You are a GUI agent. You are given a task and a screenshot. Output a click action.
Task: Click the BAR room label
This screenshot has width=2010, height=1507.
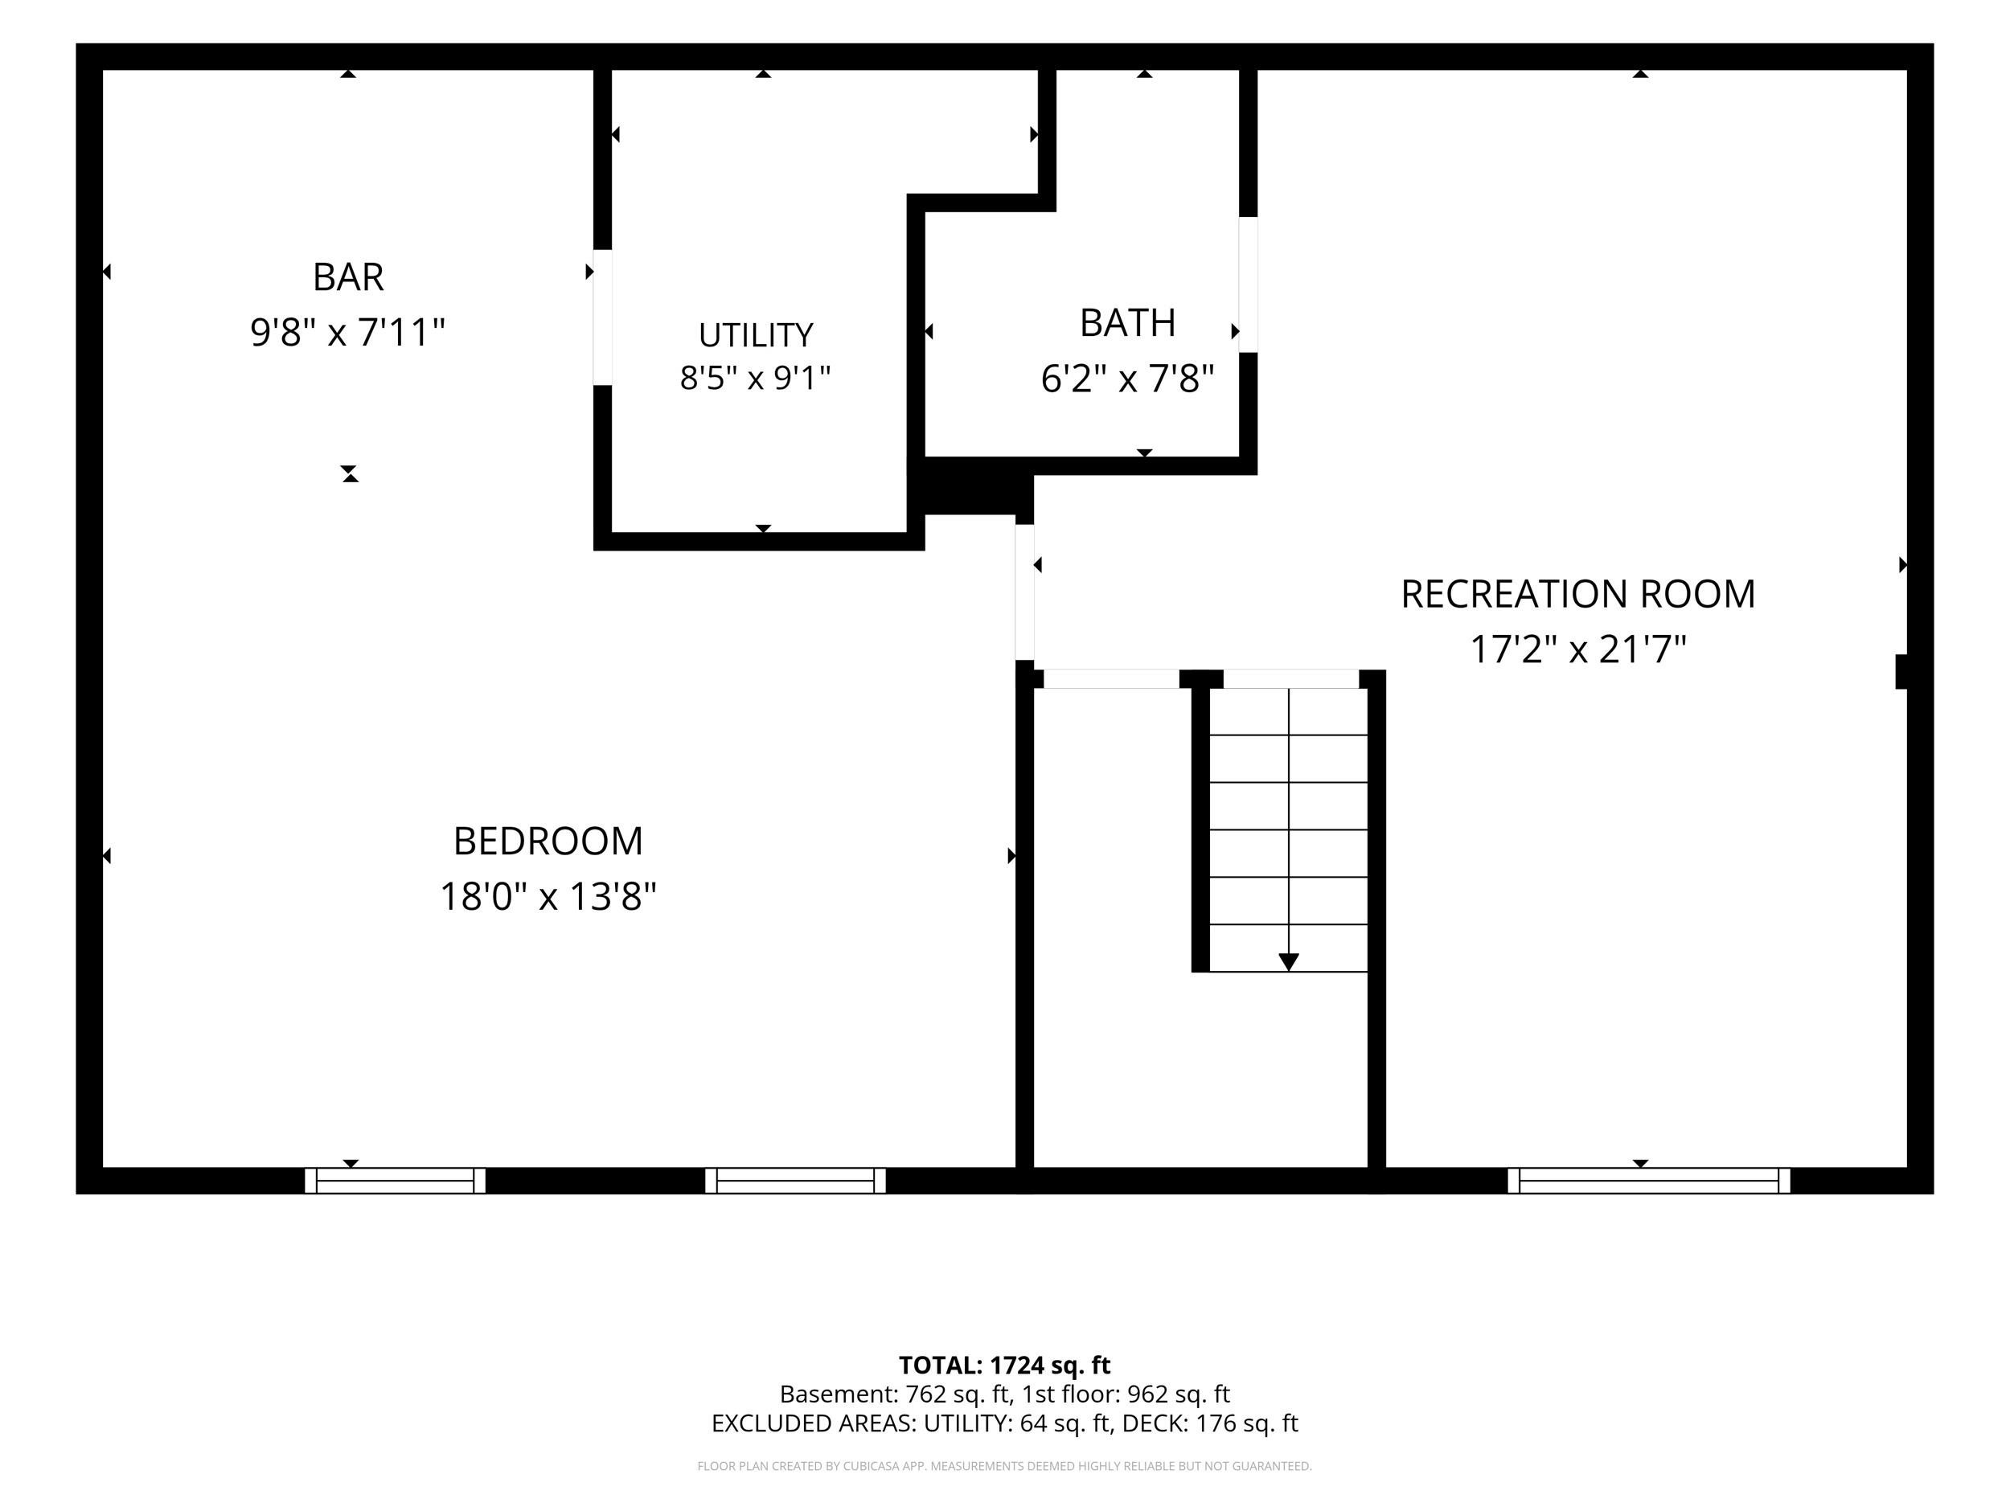[348, 277]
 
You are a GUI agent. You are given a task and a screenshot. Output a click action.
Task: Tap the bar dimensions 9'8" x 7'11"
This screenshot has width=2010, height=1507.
[348, 333]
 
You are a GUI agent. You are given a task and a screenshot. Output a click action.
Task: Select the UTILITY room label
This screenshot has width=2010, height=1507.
[755, 335]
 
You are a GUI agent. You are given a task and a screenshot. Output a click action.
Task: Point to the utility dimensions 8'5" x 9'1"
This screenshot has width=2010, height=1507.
[755, 377]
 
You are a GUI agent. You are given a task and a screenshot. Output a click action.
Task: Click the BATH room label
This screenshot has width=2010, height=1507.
[1128, 322]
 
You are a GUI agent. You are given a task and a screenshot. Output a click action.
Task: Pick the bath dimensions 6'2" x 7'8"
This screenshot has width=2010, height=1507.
[1128, 379]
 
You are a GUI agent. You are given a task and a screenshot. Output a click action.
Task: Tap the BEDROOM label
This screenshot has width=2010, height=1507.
[548, 842]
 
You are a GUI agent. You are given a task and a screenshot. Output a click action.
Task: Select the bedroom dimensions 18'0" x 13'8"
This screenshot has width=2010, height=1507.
[548, 897]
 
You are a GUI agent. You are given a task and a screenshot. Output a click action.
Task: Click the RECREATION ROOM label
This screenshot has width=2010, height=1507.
[1578, 594]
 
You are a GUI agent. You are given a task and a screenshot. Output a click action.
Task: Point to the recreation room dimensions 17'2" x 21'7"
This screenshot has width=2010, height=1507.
[1578, 649]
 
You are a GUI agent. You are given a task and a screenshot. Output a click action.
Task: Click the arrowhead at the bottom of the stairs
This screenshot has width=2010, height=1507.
[1289, 962]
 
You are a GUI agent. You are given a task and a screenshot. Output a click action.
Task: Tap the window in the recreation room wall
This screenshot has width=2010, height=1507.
[1648, 1180]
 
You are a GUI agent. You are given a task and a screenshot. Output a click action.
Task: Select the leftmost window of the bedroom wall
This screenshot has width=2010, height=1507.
[396, 1180]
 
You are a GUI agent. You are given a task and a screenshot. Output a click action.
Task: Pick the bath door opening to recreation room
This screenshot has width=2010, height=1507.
[1249, 285]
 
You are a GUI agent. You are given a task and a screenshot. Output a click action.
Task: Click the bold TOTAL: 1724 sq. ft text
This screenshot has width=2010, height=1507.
[1005, 1366]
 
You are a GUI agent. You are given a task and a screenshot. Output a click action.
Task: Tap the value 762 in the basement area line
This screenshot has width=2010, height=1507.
[926, 1394]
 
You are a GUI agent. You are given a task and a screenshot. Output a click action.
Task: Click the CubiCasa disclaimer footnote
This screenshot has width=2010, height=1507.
[1005, 1465]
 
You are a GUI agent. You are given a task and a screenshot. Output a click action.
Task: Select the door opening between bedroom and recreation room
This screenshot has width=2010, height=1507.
[1025, 592]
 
